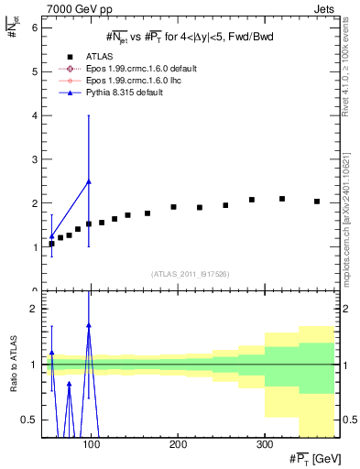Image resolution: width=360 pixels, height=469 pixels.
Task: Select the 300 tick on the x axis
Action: [x=264, y=444]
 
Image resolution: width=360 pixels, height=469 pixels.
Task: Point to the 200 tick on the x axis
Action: [x=178, y=444]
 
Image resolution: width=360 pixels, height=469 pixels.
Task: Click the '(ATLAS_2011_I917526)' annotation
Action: [x=191, y=274]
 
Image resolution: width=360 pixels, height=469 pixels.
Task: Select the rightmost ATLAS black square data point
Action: [x=317, y=202]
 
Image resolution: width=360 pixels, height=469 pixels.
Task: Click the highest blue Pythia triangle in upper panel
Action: [x=89, y=181]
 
